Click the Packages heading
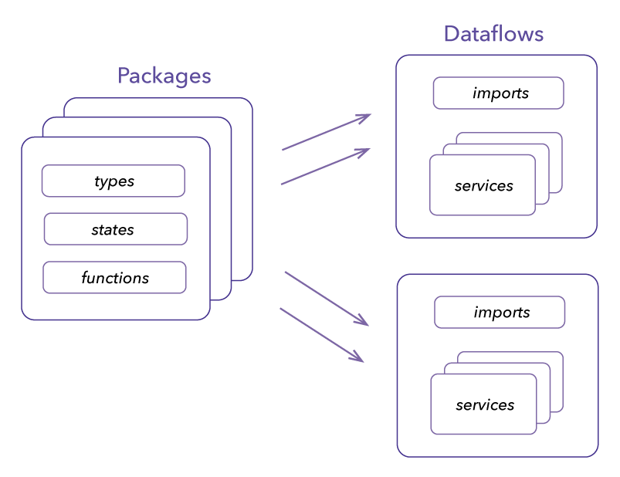click(x=164, y=76)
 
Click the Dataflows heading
click(x=493, y=34)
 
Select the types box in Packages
click(x=113, y=181)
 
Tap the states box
click(x=115, y=229)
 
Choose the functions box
click(x=114, y=277)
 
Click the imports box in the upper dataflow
click(x=498, y=93)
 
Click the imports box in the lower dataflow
click(x=500, y=312)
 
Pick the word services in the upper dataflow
click(x=483, y=186)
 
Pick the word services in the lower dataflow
click(x=485, y=405)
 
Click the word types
click(x=114, y=181)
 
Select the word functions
click(x=115, y=278)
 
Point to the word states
click(x=113, y=230)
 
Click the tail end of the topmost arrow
click(x=283, y=149)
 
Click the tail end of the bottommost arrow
click(x=281, y=310)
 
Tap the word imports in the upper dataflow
click(x=500, y=93)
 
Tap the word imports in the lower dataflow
click(x=502, y=313)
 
